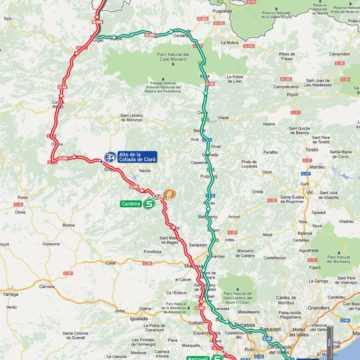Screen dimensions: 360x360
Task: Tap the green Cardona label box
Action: click(131, 203)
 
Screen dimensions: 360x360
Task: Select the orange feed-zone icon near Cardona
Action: click(170, 194)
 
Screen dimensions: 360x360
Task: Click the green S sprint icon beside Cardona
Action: click(149, 203)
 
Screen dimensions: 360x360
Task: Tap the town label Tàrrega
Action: click(12, 296)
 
